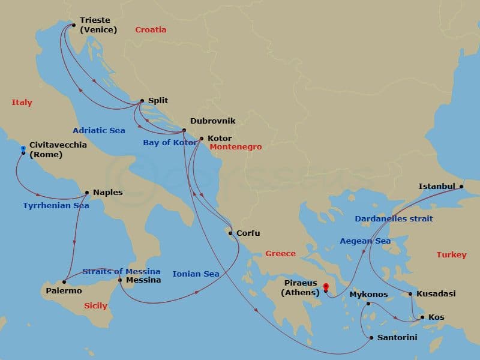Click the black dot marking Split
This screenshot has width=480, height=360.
click(x=142, y=101)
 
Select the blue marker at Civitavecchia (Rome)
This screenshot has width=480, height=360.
click(x=23, y=148)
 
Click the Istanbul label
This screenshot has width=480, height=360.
click(x=437, y=187)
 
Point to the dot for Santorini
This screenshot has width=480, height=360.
click(x=371, y=338)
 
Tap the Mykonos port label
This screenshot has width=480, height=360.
click(x=368, y=295)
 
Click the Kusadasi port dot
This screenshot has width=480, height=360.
click(x=410, y=294)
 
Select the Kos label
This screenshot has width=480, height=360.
click(x=436, y=317)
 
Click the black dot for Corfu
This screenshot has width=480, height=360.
click(x=230, y=233)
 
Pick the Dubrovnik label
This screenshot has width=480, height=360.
click(x=212, y=121)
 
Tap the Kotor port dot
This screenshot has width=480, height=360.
click(x=201, y=139)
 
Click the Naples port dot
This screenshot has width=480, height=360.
click(x=87, y=193)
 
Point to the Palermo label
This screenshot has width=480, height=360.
click(x=64, y=291)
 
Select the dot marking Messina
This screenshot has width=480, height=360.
click(x=120, y=280)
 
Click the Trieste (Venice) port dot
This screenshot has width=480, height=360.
click(x=73, y=25)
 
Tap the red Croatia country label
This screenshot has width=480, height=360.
click(x=151, y=30)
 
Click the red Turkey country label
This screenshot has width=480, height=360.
click(x=451, y=255)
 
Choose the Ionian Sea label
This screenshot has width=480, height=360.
click(x=196, y=274)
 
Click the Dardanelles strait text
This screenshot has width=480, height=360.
click(x=394, y=219)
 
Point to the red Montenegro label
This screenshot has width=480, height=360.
click(x=236, y=147)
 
